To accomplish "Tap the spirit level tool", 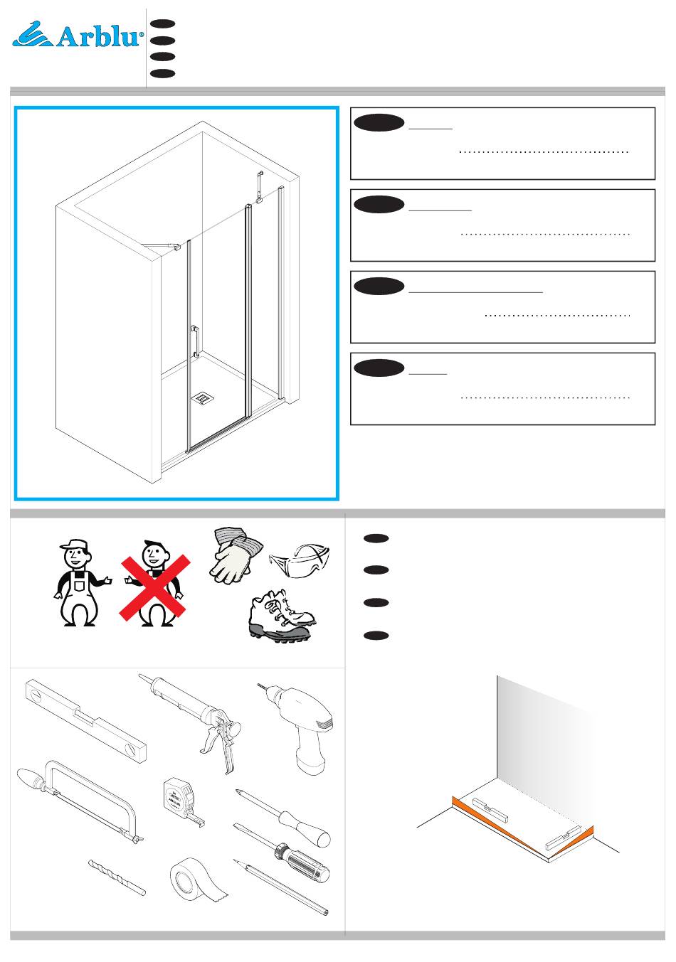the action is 86,721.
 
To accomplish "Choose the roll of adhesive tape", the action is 198,881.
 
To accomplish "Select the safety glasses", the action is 300,560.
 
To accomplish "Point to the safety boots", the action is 282,616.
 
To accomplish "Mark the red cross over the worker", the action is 154,587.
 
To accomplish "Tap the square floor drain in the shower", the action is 201,398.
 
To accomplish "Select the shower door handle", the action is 195,341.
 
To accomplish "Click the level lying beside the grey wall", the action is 490,810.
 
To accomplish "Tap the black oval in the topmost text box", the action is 379,123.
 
